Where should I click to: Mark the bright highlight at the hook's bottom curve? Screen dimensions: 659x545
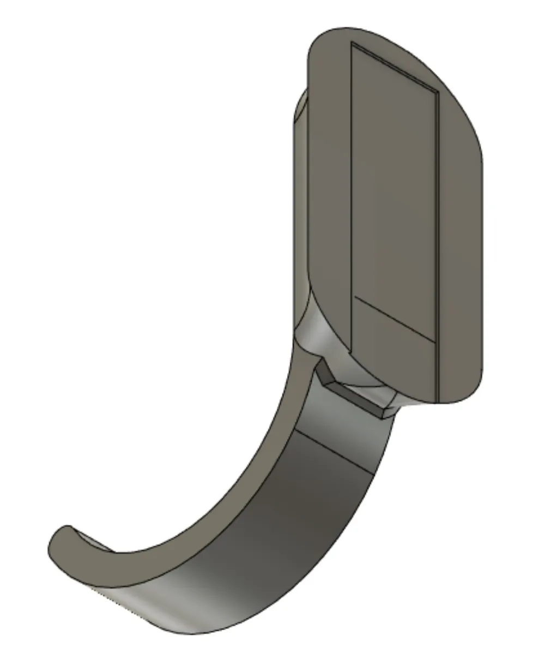pos(136,606)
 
